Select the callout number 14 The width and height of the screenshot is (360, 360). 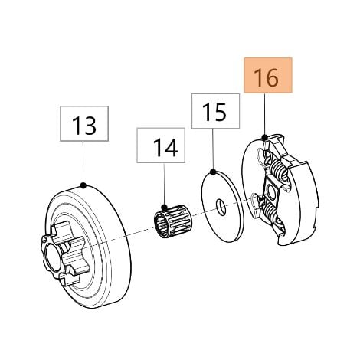[x=165, y=147]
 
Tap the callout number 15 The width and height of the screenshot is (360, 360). [x=214, y=112]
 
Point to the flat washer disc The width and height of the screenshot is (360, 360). [x=222, y=207]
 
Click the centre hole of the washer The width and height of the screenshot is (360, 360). [x=221, y=207]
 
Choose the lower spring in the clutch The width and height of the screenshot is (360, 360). [x=270, y=214]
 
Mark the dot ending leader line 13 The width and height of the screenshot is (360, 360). [x=83, y=185]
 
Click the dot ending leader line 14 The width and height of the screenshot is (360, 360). [x=165, y=206]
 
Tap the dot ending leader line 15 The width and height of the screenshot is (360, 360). [x=213, y=172]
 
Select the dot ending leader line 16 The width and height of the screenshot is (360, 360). [x=264, y=138]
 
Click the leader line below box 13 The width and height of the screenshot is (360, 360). [x=83, y=162]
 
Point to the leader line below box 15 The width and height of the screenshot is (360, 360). [x=213, y=149]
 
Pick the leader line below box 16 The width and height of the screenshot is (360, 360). [x=264, y=114]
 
